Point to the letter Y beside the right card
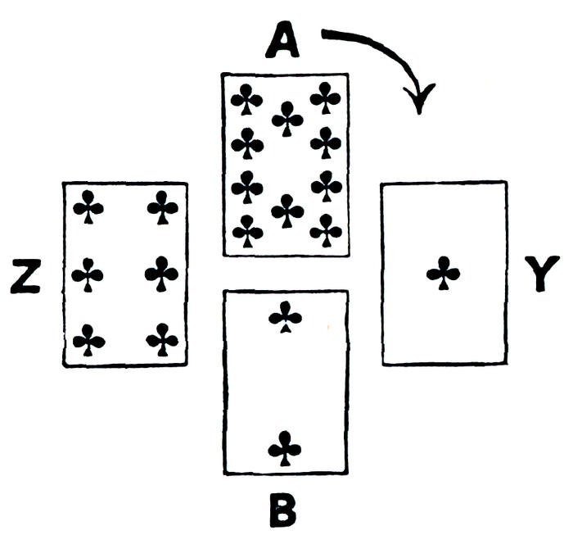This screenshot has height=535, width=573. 541,274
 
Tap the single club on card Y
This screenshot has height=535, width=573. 444,273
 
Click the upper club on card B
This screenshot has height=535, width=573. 286,317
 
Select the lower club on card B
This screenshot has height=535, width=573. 286,448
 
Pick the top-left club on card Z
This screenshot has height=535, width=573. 88,207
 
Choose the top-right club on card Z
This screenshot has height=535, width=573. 163,207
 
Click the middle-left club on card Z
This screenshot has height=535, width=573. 88,274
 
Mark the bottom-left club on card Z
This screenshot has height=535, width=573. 88,339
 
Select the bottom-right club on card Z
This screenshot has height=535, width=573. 163,339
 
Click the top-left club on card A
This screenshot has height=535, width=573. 246,100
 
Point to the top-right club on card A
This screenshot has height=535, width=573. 326,98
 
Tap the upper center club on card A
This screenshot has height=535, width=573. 286,119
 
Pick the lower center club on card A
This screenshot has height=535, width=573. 286,211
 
